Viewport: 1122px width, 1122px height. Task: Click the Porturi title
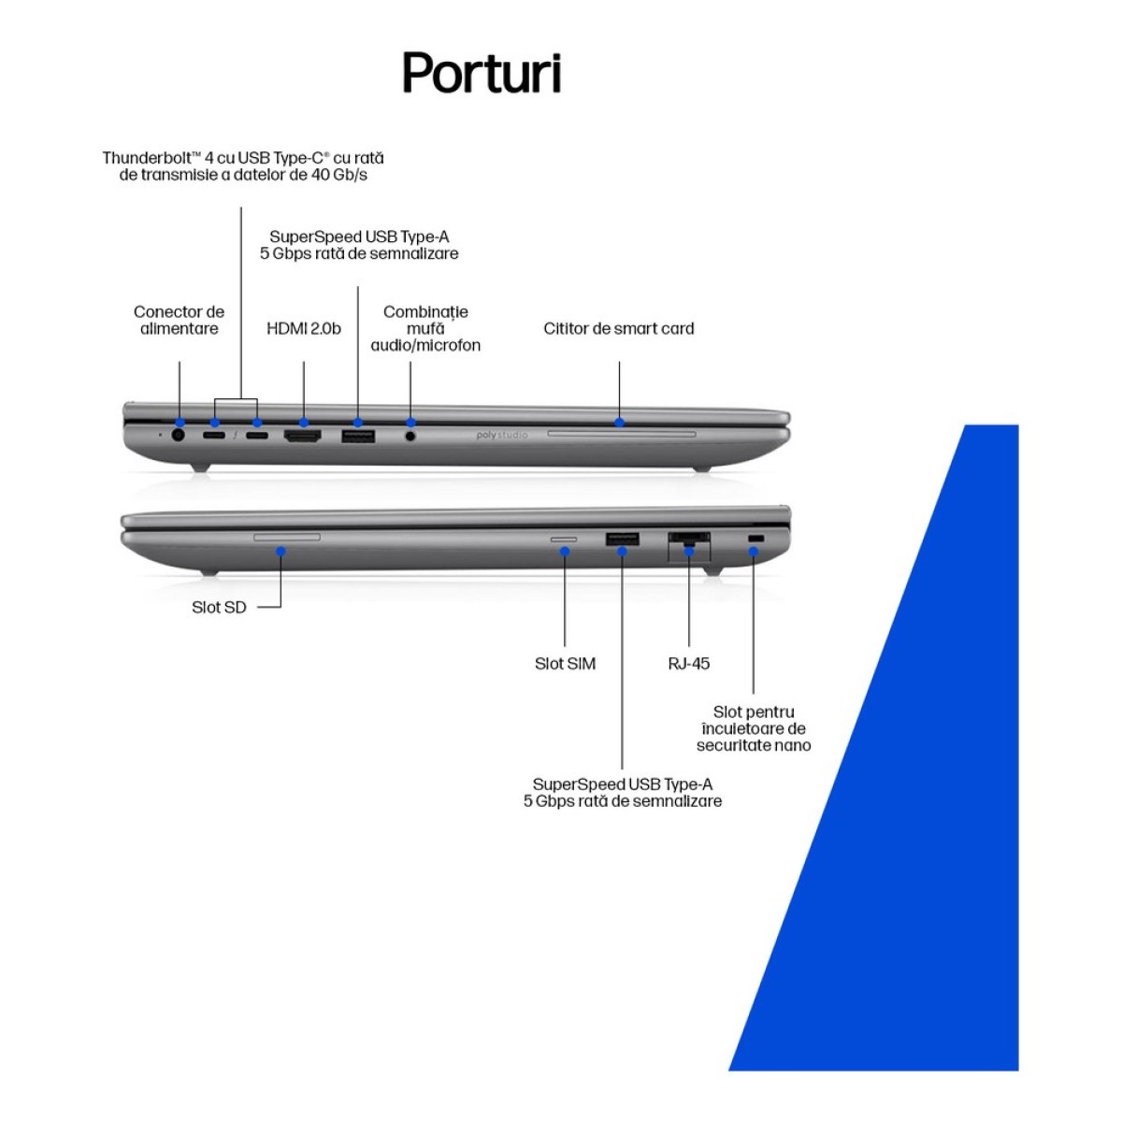click(x=482, y=73)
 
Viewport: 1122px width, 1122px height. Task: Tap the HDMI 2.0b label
click(x=303, y=328)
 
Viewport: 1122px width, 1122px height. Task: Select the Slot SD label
click(x=219, y=608)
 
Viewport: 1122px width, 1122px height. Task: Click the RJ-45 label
click(x=689, y=663)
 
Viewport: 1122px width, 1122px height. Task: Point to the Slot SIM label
click(x=565, y=663)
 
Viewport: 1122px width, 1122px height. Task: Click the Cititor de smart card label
click(x=619, y=328)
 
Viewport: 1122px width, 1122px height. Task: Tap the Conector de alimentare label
click(x=180, y=321)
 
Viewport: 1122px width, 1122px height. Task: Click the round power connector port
click(x=179, y=435)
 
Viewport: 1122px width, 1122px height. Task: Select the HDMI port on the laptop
click(x=302, y=436)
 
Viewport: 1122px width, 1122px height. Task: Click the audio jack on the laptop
click(x=410, y=436)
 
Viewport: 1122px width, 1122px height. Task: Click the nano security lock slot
click(x=755, y=539)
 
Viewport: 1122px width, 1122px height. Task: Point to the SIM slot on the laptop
click(x=564, y=539)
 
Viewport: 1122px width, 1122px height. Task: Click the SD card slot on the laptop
click(x=287, y=536)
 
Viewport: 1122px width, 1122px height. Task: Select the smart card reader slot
click(x=621, y=434)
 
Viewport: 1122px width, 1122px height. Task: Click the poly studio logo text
click(x=502, y=435)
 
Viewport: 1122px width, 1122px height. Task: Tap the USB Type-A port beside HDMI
click(x=358, y=438)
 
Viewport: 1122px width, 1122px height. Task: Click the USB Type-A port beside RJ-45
click(x=623, y=539)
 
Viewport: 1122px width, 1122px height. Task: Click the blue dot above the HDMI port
click(x=303, y=422)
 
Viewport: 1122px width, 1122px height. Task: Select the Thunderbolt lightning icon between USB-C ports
click(x=236, y=435)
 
